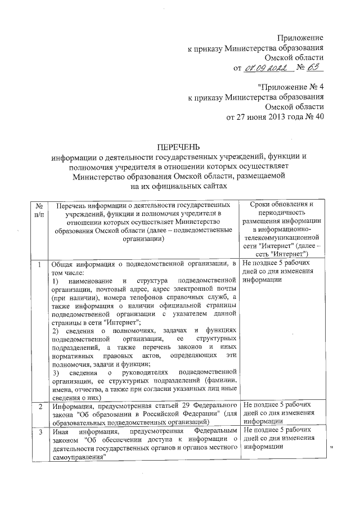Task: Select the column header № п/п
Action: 38,209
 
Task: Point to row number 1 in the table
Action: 38,264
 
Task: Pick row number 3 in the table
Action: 38,431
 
